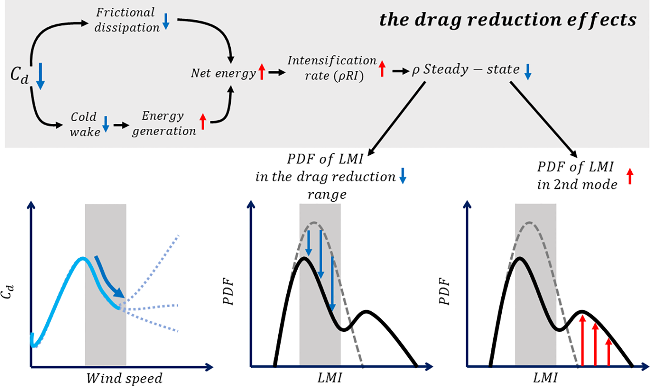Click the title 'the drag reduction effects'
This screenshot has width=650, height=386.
pos(507,20)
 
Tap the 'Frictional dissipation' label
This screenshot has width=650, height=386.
pos(126,20)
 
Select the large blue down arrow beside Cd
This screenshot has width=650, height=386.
pos(40,76)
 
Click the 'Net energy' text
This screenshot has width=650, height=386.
pos(223,73)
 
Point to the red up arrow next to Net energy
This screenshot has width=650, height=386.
pos(262,72)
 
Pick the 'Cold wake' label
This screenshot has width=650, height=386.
pos(85,124)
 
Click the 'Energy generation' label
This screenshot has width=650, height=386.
pos(164,123)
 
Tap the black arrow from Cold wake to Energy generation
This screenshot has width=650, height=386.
pos(121,125)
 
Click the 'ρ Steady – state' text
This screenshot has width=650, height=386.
pos(466,69)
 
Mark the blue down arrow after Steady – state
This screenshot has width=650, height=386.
pos(528,72)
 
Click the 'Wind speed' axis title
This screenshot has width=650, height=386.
pos(124,378)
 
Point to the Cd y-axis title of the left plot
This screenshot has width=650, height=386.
pos(8,292)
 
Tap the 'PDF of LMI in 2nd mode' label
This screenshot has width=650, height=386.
pos(576,175)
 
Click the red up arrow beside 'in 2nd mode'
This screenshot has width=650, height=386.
pos(630,176)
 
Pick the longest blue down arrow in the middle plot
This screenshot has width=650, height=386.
pos(332,283)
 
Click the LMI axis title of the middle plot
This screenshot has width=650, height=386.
pos(330,378)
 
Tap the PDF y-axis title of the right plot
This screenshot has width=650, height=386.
pos(444,292)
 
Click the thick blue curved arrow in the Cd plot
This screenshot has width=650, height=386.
pos(110,277)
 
